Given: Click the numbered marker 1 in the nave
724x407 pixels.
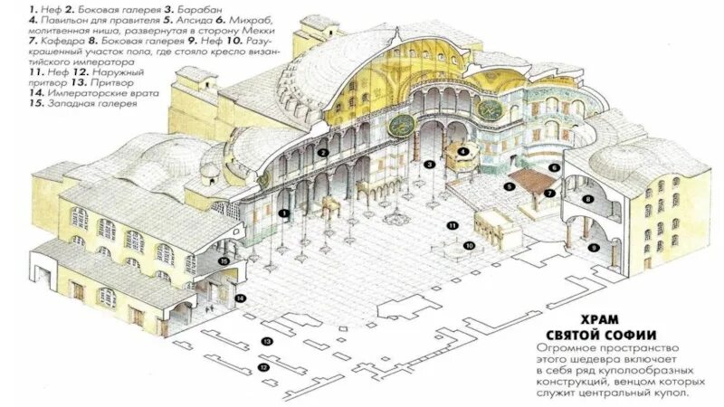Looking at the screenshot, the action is point(283,213).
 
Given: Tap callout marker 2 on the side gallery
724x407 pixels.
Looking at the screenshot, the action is point(322,153).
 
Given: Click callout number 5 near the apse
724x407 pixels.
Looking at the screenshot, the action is point(510,186).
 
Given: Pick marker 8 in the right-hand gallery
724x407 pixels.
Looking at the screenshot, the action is point(587,198).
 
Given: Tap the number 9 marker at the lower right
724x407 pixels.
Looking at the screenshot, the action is point(594,247).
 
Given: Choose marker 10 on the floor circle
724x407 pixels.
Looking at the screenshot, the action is point(469,245).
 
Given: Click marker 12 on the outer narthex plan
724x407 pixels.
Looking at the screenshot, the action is point(263,368).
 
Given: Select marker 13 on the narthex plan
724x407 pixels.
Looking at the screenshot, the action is point(267,341).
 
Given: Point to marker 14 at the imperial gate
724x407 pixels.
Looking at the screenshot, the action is point(239,298).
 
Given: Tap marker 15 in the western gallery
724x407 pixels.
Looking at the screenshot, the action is point(224,260).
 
